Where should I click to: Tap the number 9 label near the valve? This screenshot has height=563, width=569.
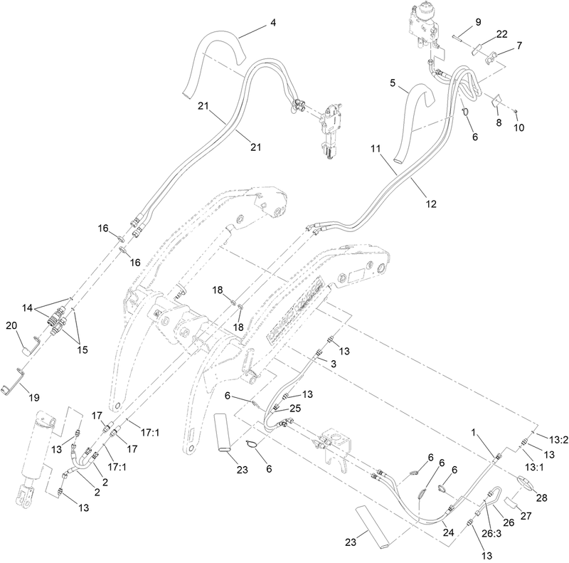tap(478, 21)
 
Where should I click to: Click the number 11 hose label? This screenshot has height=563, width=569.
tap(376, 150)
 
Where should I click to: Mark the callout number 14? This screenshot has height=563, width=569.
tap(27, 308)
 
